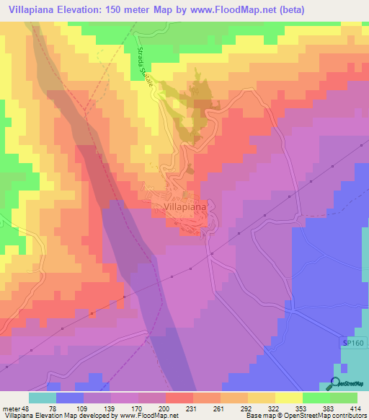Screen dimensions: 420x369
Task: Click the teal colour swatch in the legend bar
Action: (x=43, y=398)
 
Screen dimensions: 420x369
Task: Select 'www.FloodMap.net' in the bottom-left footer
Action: (x=138, y=414)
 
